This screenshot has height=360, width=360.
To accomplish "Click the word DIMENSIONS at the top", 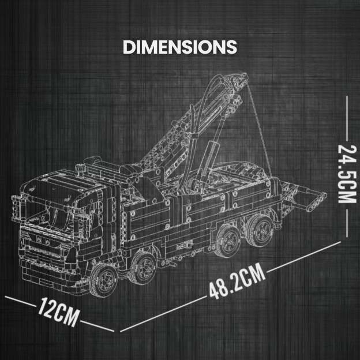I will point(180,47).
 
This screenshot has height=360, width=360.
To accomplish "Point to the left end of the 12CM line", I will point(7,298).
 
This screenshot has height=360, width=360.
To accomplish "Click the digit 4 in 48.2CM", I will point(214,291).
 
